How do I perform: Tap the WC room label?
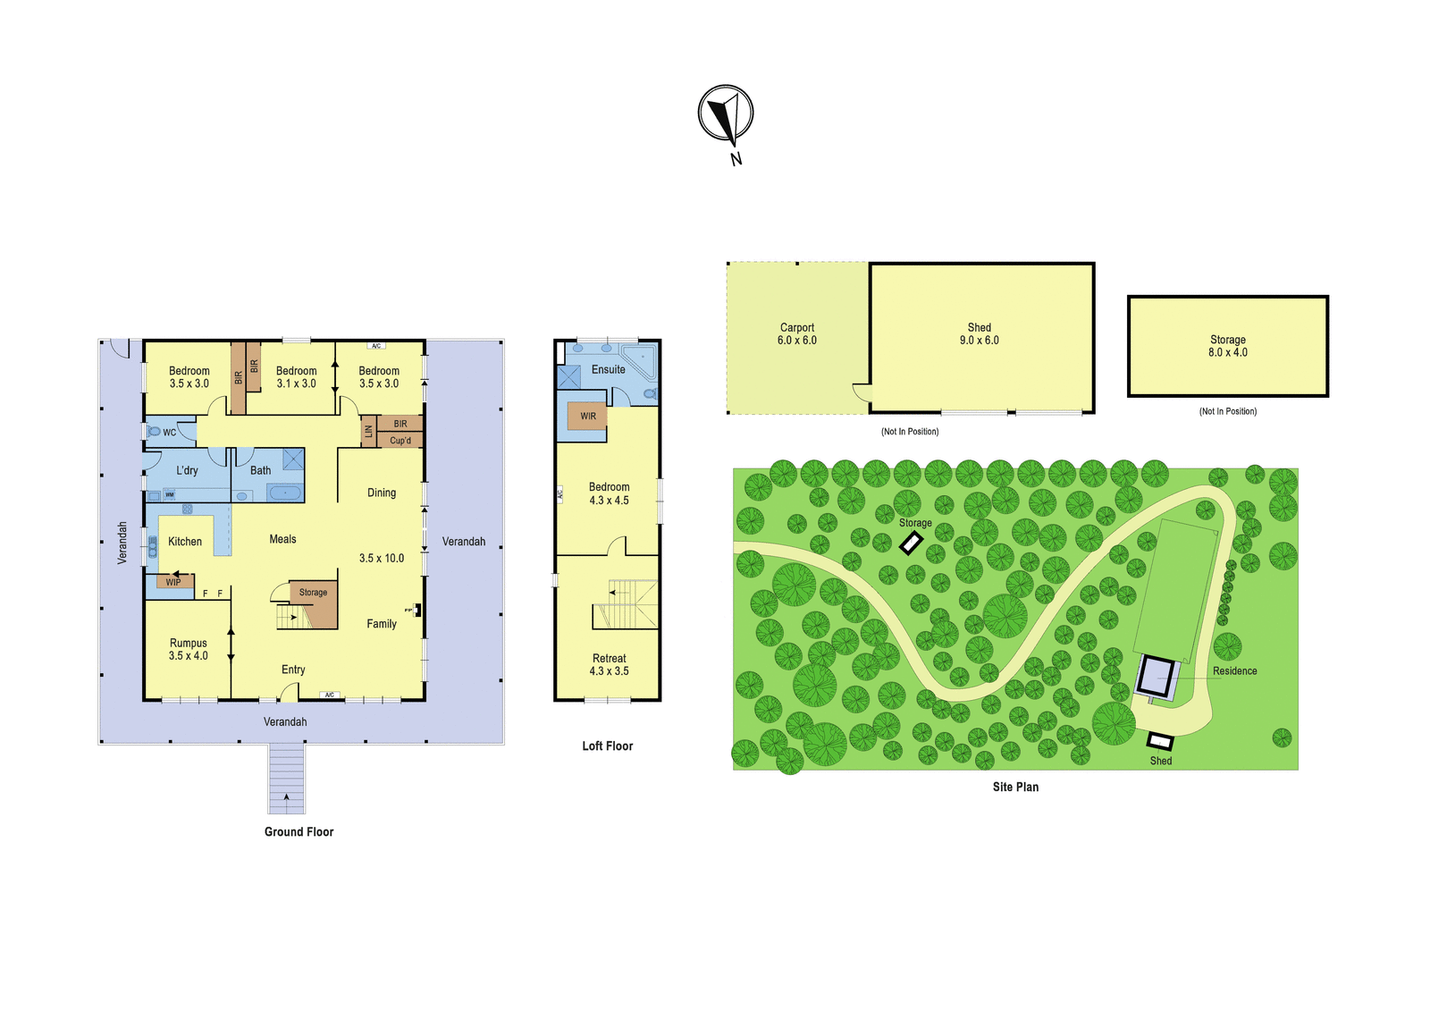(169, 433)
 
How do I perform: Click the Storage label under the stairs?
(313, 592)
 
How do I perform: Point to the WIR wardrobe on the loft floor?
(587, 416)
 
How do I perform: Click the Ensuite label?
(609, 369)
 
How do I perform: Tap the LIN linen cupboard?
(368, 432)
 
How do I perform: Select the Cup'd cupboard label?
(400, 440)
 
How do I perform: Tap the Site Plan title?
(1015, 787)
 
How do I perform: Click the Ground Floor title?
(299, 831)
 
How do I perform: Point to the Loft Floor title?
(607, 746)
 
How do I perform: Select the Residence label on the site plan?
(1234, 670)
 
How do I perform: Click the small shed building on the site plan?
(1160, 741)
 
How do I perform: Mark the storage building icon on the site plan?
(911, 543)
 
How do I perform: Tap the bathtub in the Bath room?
(284, 493)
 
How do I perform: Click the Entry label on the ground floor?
(293, 670)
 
